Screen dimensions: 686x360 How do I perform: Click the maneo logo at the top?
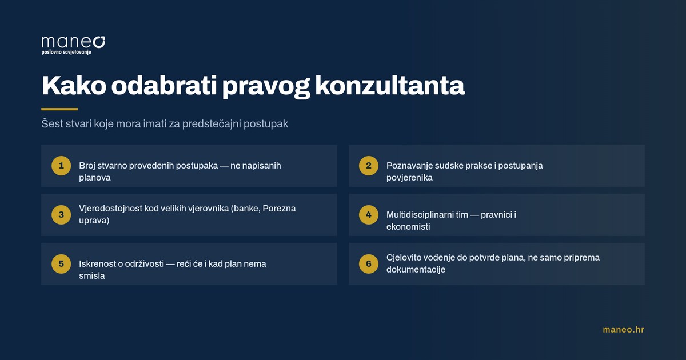(73, 45)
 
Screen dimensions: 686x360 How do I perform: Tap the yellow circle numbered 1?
(61, 166)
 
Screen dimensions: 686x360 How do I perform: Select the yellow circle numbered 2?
(368, 166)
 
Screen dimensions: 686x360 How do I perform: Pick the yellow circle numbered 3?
(61, 215)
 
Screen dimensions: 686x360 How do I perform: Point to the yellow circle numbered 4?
(368, 215)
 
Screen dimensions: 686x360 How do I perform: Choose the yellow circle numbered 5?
(61, 263)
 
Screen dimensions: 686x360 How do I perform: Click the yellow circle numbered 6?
(368, 263)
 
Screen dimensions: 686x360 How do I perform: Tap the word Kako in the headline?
(74, 86)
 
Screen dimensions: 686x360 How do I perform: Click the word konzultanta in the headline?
(390, 86)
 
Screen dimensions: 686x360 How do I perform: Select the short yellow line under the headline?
(59, 109)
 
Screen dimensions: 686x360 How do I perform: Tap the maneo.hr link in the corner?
(624, 330)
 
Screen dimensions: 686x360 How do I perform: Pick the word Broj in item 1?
(87, 166)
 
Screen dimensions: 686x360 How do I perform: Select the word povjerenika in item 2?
(409, 178)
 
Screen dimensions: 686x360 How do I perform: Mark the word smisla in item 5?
(92, 276)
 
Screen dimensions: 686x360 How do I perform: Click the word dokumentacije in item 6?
(416, 270)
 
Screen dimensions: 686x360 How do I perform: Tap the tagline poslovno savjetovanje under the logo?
(66, 53)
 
